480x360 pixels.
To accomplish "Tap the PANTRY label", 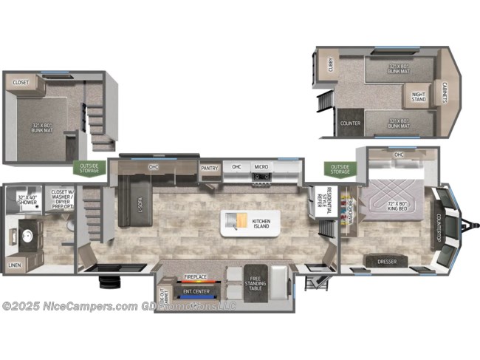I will [209, 168].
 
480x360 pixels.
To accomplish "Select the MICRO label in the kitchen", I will [261, 167].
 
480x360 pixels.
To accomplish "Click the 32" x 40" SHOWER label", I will [27, 199].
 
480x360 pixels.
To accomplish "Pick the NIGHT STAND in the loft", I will [418, 96].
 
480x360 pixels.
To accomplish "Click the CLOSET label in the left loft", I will [21, 82].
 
